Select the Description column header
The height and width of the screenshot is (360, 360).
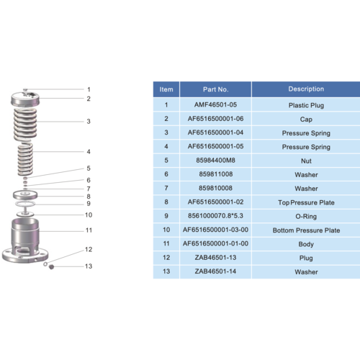[x=305, y=90]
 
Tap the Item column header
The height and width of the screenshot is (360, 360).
[x=166, y=90]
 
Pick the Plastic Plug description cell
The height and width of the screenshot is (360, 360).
[x=305, y=104]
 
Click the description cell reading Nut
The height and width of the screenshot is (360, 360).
[x=305, y=161]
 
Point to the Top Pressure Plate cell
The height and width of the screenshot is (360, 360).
[x=305, y=203]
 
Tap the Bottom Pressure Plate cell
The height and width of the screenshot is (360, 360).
[x=305, y=231]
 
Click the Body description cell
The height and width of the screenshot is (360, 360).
[x=305, y=245]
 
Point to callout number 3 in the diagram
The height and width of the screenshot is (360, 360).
[x=88, y=122]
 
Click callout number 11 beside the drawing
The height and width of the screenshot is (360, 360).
[x=89, y=230]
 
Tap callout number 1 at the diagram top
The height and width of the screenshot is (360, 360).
[x=88, y=89]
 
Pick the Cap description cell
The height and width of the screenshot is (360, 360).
[x=305, y=118]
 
